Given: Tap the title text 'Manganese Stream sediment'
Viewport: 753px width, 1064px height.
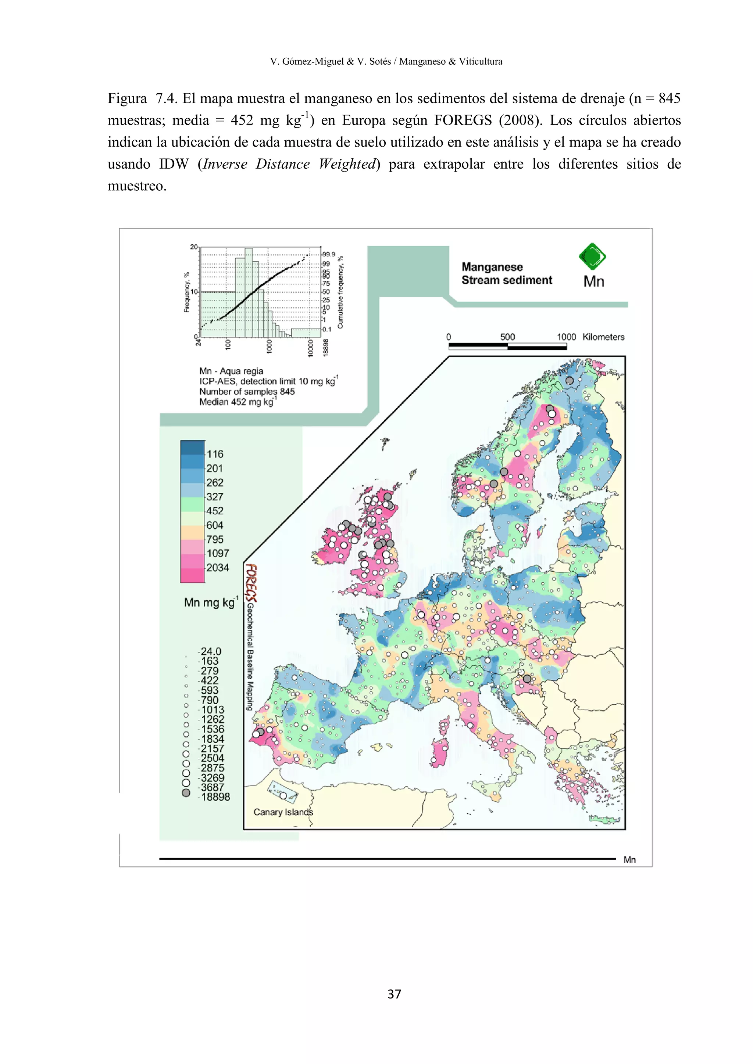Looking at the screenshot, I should pyautogui.click(x=506, y=273).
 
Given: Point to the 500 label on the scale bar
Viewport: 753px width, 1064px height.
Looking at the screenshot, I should pyautogui.click(x=507, y=337).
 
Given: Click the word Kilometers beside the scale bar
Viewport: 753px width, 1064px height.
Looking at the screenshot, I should pyautogui.click(x=603, y=337).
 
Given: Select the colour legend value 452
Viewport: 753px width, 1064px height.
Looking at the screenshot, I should pyautogui.click(x=215, y=511).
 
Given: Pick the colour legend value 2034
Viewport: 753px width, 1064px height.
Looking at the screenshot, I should pyautogui.click(x=217, y=568).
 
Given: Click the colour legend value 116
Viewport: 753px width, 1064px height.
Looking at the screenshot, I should pyautogui.click(x=215, y=454).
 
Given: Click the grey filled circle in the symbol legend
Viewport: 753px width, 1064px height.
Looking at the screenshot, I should pyautogui.click(x=186, y=793).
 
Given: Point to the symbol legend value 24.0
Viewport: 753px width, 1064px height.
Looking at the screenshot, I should pyautogui.click(x=211, y=651).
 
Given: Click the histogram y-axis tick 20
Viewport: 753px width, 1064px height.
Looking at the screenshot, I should pyautogui.click(x=194, y=247).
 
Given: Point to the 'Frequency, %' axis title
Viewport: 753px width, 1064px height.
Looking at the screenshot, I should pyautogui.click(x=186, y=292).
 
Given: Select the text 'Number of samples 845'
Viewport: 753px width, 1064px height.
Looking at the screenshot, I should pyautogui.click(x=247, y=392).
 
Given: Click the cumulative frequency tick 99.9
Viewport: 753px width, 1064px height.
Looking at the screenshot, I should pyautogui.click(x=328, y=254).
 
